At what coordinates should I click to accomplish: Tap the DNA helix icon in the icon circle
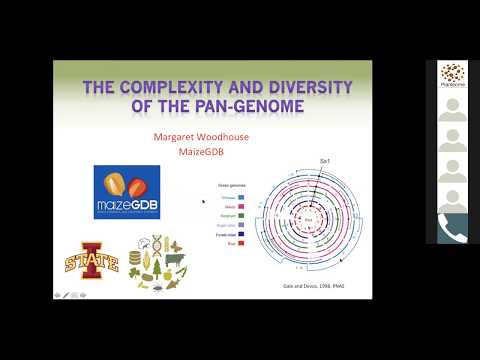pos(148,246)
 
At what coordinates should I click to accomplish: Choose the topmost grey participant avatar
pos(452,109)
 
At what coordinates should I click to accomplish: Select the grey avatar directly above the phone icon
pos(452,198)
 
